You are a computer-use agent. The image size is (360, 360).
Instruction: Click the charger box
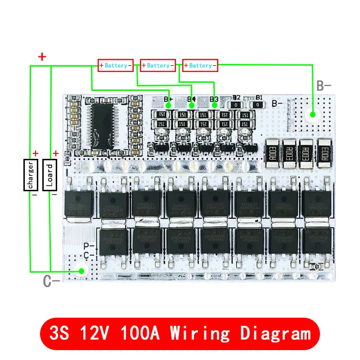click(31, 175)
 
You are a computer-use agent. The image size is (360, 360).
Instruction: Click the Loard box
click(49, 175)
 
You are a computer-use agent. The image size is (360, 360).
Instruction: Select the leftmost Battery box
click(116, 66)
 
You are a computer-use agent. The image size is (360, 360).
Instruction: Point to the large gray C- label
click(51, 281)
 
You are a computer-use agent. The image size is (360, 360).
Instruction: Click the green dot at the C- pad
click(82, 271)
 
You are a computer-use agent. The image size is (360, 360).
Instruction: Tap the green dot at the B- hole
click(311, 114)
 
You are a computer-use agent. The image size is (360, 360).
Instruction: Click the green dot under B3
click(215, 105)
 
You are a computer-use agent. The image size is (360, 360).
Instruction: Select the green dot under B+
click(168, 105)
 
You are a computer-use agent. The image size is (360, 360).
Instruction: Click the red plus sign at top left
click(42, 57)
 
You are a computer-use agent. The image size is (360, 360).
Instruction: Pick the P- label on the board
click(89, 246)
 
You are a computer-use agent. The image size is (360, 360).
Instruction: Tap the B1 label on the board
click(259, 97)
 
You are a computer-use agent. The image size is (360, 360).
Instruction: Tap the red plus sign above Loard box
click(56, 154)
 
